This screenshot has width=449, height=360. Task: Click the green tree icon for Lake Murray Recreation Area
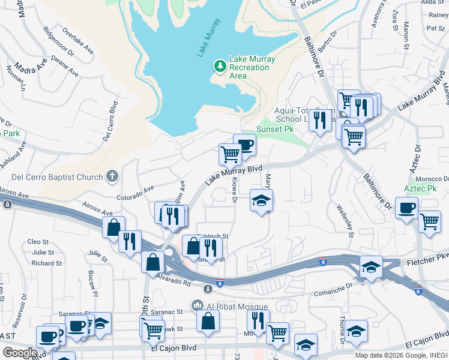click(220, 65)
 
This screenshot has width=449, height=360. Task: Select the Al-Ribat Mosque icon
click(197, 306)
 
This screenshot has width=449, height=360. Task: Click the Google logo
click(19, 353)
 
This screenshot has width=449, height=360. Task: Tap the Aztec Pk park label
click(421, 188)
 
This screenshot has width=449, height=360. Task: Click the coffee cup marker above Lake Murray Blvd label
click(244, 145)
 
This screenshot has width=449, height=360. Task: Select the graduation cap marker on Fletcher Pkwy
click(371, 265)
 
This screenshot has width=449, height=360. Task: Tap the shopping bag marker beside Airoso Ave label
click(113, 227)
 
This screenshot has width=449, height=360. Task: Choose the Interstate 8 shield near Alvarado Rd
click(220, 283)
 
